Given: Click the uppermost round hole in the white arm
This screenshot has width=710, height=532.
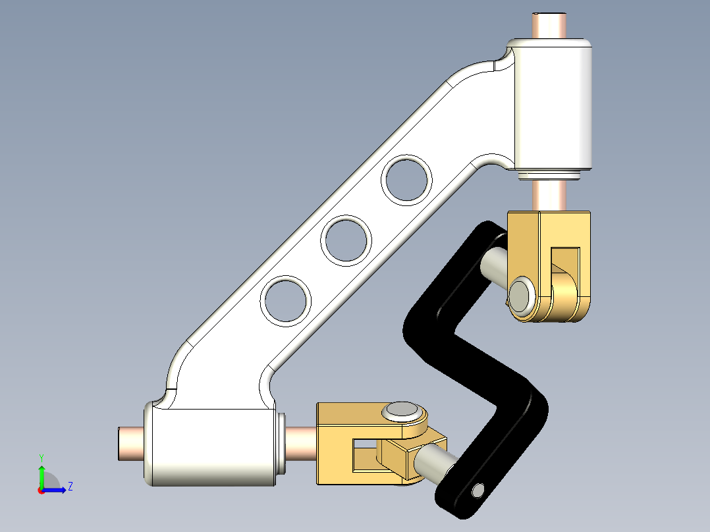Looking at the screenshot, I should pyautogui.click(x=408, y=179).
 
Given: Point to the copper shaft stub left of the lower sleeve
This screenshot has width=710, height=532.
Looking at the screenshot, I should pyautogui.click(x=130, y=442).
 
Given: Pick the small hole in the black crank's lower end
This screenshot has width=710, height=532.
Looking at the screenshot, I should pyautogui.click(x=478, y=490).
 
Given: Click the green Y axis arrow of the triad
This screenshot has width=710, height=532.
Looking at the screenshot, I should pyautogui.click(x=41, y=474).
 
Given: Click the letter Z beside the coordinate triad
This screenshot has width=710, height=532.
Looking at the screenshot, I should pyautogui.click(x=70, y=487).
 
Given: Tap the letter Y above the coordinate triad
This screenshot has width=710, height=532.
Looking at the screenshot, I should pyautogui.click(x=41, y=457).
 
